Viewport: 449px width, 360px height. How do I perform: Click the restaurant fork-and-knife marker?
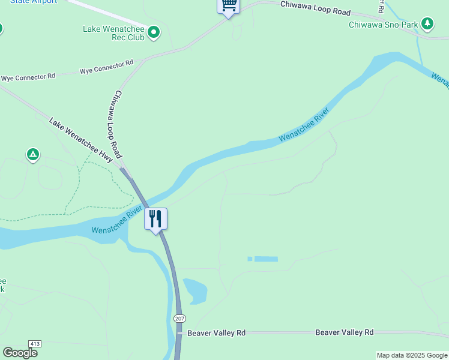[x=155, y=218]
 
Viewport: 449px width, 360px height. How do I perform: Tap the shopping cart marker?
[x=228, y=5]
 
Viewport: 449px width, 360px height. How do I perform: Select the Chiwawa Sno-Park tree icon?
[x=427, y=24]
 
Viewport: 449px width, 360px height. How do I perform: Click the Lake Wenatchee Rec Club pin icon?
[x=153, y=32]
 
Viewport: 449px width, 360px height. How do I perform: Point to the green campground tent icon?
[x=33, y=155]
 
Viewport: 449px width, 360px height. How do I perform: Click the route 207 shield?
[x=179, y=318]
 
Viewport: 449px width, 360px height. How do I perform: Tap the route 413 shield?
[x=35, y=344]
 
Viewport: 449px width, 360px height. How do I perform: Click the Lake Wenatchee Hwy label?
[x=81, y=140]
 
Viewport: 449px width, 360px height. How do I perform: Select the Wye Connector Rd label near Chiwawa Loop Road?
[x=106, y=67]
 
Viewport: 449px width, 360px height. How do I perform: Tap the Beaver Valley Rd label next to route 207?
[x=217, y=332]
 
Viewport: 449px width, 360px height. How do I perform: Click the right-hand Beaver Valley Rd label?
[x=345, y=332]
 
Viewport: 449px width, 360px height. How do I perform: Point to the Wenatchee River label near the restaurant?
[x=117, y=220]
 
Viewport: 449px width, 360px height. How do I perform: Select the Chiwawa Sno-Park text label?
[x=383, y=25]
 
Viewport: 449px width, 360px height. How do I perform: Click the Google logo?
[x=20, y=352]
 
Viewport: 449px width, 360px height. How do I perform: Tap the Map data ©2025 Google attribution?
[x=412, y=355]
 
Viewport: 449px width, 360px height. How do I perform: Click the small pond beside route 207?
[x=196, y=290]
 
